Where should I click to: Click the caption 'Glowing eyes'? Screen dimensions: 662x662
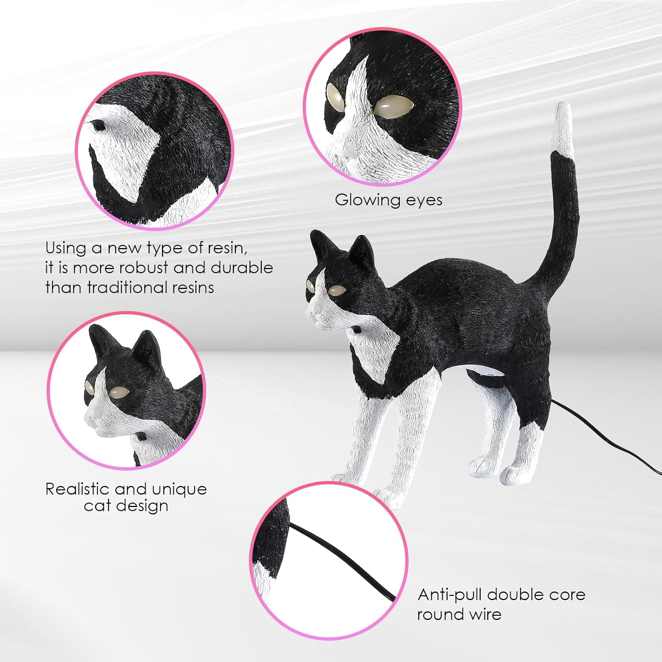tap(388, 200)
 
